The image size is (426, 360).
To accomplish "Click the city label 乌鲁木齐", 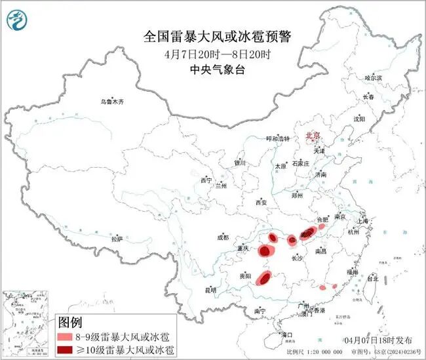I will (x=111, y=102).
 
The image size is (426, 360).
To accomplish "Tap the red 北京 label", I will (x=313, y=136).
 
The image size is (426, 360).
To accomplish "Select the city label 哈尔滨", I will (x=372, y=77).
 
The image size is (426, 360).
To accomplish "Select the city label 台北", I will (x=372, y=278).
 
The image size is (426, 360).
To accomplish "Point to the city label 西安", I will (x=262, y=203).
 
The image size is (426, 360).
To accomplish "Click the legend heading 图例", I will (x=70, y=323).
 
